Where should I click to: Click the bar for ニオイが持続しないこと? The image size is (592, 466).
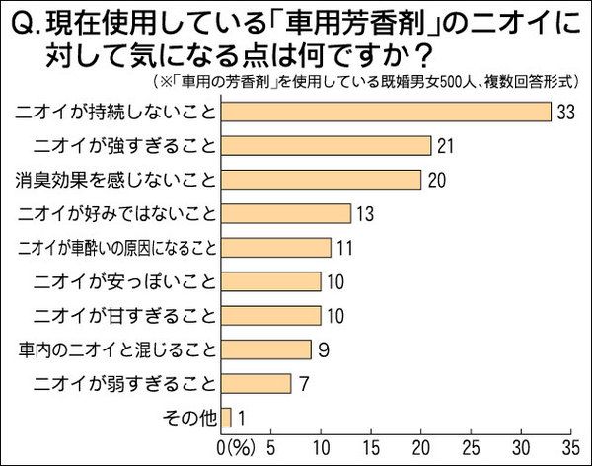coord(386,112)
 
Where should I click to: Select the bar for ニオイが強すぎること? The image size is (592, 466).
coord(327,145)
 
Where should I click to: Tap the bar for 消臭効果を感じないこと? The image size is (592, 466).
coord(322,180)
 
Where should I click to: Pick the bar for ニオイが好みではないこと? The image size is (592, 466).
coord(286,213)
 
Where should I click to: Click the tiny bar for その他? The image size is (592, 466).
coord(226,417)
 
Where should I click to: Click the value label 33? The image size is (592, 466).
coord(565,112)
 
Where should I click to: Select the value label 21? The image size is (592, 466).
coord(446,146)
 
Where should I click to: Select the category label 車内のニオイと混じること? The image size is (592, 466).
coord(116,349)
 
